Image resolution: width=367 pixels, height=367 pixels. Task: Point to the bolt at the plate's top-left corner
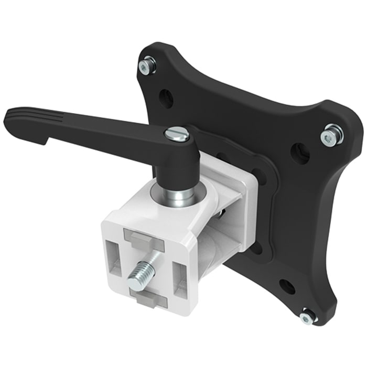[147, 66]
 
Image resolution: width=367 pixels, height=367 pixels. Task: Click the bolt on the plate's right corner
[332, 135]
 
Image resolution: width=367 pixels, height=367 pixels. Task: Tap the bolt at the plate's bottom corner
[308, 317]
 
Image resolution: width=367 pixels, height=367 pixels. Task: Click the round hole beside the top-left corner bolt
[166, 98]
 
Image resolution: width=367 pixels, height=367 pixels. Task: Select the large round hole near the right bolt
[300, 153]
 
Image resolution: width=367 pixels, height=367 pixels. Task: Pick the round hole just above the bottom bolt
[287, 286]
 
